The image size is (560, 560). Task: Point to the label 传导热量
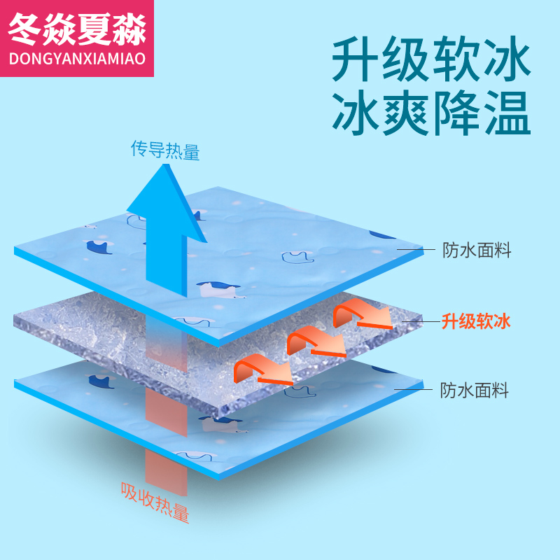pos(165,150)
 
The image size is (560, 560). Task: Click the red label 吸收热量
pos(155,500)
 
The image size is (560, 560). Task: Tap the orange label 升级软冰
pos(476,322)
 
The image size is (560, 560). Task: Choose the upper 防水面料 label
pos(477,251)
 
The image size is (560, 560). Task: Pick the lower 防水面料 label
pos(475,391)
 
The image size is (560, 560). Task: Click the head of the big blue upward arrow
pos(167,199)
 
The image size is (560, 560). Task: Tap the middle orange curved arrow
pos(315,341)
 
